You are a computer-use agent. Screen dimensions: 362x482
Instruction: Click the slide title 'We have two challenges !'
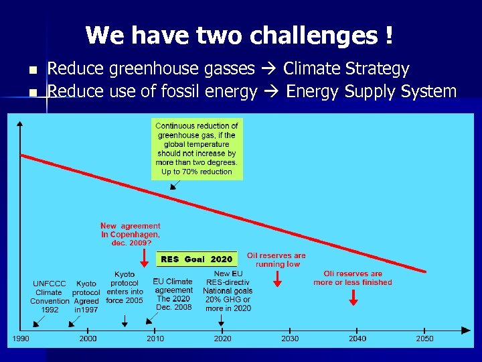239,35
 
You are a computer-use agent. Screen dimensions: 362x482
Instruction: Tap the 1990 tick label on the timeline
21,339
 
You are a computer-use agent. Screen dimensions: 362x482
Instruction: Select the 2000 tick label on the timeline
88,339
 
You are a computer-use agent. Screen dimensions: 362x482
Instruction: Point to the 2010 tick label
155,339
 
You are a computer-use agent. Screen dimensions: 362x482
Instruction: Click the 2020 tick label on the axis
222,339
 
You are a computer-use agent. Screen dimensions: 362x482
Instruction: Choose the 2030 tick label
290,339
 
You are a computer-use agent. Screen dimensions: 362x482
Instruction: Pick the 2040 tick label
357,339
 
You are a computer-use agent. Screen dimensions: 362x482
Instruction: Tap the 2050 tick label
424,339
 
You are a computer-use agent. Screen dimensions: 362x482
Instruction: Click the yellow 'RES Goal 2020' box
196,259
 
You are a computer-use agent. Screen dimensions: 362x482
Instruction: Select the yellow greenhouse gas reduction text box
197,149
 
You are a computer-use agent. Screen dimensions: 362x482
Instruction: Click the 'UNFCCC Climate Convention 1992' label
49,297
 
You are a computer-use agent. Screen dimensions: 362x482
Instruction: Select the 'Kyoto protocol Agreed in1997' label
86,297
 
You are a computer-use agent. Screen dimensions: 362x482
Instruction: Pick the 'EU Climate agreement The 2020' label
173,294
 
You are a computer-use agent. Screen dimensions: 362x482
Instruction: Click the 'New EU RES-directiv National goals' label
228,291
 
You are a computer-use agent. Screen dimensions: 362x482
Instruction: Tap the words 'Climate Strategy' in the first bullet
346,69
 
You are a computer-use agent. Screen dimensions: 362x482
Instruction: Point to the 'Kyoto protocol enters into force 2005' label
125,288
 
